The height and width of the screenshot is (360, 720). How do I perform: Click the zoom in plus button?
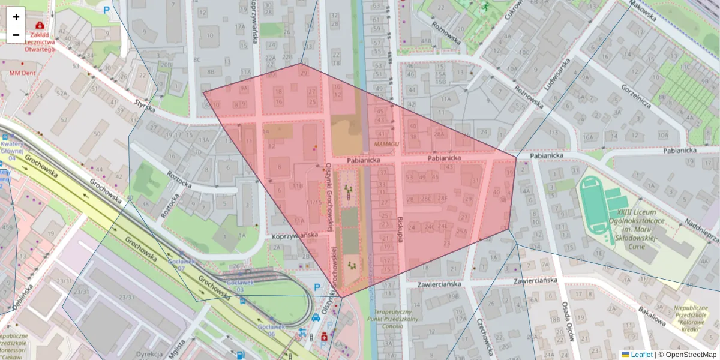[16, 17]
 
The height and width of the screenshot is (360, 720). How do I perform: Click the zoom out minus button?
[16, 35]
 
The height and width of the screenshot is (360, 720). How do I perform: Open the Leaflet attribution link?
[641, 355]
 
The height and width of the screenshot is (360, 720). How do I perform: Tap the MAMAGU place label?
[386, 145]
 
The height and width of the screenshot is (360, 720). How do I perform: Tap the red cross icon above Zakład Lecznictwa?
[40, 26]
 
